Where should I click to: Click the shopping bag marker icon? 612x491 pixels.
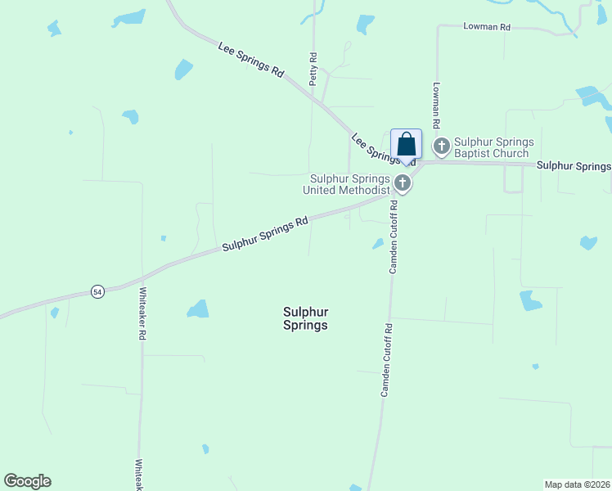[x=406, y=145]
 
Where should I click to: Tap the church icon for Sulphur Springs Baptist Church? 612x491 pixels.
[x=442, y=147]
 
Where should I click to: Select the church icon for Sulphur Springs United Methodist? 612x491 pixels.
[x=402, y=182]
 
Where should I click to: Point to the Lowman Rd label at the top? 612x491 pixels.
[x=486, y=27]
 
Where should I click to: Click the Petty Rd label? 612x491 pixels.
[x=313, y=70]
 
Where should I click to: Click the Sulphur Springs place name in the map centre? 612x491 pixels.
[x=305, y=318]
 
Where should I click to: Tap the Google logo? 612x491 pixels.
[x=27, y=481]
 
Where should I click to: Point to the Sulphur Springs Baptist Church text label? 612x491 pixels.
[x=492, y=147]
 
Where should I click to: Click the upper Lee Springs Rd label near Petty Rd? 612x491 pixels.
[x=250, y=60]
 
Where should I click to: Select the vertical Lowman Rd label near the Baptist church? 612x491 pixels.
[x=437, y=105]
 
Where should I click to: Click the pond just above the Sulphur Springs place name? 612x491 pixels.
[x=198, y=309]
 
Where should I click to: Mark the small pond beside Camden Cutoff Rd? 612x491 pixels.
[x=378, y=243]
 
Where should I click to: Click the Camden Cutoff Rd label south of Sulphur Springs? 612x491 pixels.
[x=386, y=361]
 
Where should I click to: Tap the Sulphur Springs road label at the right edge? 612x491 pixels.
[x=574, y=166]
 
